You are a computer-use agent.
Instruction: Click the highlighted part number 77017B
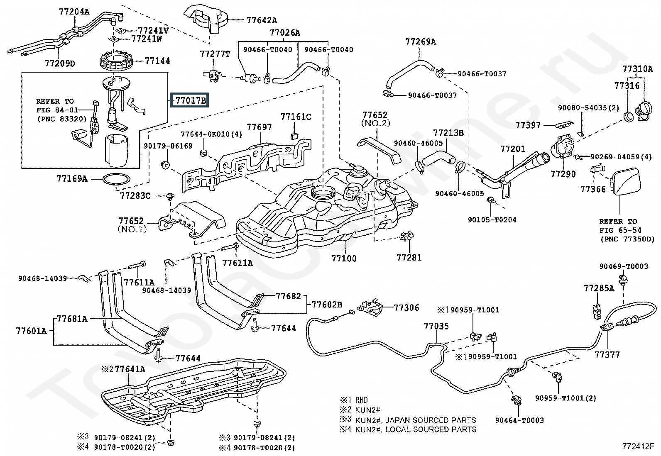(190, 100)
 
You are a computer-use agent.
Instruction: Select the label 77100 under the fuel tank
(344, 258)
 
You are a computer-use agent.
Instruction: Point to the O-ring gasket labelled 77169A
(116, 179)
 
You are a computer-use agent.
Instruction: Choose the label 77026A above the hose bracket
(285, 32)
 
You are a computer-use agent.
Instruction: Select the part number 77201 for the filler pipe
(512, 149)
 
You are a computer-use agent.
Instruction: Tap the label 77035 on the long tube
(436, 327)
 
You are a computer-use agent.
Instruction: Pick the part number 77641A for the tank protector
(130, 369)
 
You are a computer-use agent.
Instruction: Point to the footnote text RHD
(361, 400)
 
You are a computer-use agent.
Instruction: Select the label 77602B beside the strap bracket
(327, 305)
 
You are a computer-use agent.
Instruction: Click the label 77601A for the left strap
(32, 331)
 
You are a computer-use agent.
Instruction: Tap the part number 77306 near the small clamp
(406, 307)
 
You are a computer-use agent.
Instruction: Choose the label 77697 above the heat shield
(260, 127)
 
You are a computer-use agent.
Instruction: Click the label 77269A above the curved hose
(421, 41)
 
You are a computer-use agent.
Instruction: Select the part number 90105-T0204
(492, 219)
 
